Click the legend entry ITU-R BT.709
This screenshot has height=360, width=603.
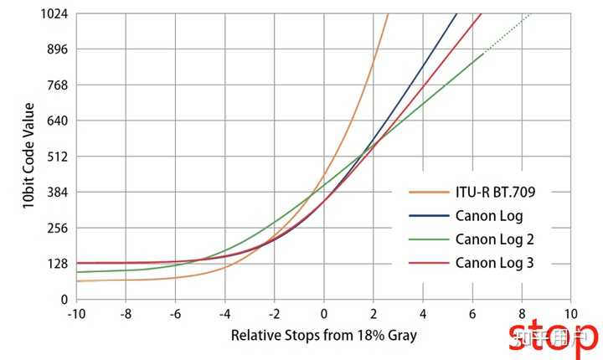(495, 192)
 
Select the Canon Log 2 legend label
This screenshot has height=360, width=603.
(495, 239)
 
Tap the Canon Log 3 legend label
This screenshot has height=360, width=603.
(495, 263)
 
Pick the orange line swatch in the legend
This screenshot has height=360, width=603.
(427, 192)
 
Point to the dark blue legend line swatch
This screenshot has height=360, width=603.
(427, 216)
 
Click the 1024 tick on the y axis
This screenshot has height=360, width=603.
(54, 14)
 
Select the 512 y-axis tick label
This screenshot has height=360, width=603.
(57, 157)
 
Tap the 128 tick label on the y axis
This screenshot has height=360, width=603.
(57, 264)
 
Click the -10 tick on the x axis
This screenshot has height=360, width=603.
(75, 313)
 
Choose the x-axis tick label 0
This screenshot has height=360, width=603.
(324, 313)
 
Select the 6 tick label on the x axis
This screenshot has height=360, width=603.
(472, 313)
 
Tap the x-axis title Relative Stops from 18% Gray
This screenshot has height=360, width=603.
(323, 336)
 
